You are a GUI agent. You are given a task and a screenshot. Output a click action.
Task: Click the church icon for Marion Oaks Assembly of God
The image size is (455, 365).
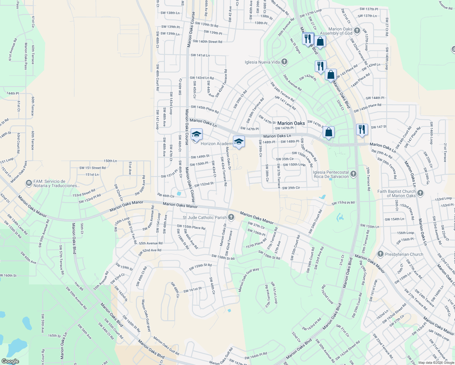pyautogui.click(x=357, y=31)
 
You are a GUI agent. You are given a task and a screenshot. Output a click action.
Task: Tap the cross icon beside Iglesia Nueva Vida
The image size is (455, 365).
pyautogui.click(x=284, y=62)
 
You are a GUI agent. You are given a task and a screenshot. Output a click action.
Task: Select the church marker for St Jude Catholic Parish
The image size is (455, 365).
pyautogui.click(x=231, y=217)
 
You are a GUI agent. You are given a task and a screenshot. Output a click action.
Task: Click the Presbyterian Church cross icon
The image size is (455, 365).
pyautogui.click(x=380, y=254)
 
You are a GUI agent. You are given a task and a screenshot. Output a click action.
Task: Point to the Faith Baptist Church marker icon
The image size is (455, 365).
pyautogui.click(x=420, y=193)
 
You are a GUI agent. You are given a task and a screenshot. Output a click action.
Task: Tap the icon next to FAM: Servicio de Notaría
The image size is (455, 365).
pyautogui.click(x=29, y=183)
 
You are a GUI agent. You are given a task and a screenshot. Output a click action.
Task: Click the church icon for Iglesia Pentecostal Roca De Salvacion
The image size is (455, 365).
pyautogui.click(x=353, y=174)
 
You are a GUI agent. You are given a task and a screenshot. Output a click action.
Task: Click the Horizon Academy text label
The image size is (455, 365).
pyautogui.click(x=217, y=144)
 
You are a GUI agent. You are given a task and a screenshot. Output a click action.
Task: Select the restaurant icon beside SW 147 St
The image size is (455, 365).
pyautogui.click(x=362, y=129)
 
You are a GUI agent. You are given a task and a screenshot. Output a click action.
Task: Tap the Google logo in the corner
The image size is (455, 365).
pyautogui.click(x=10, y=361)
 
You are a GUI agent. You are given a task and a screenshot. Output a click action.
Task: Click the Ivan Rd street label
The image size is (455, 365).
pyautogui.click(x=79, y=286)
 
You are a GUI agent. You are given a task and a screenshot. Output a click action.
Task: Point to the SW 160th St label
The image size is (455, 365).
pyautogui.click(x=8, y=276)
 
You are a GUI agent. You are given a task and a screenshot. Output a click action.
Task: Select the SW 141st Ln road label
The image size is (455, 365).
pyautogui.click(x=200, y=55)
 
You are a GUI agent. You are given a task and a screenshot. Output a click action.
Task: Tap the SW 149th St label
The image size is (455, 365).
pyautogui.click(x=200, y=157)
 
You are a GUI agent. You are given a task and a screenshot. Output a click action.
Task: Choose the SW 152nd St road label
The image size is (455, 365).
pyautogui.click(x=204, y=184)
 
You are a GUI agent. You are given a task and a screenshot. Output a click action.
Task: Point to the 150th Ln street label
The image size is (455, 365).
pyautogui.click(x=110, y=161)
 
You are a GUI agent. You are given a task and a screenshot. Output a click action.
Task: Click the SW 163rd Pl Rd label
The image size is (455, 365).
pyautogui.click(x=312, y=325)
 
